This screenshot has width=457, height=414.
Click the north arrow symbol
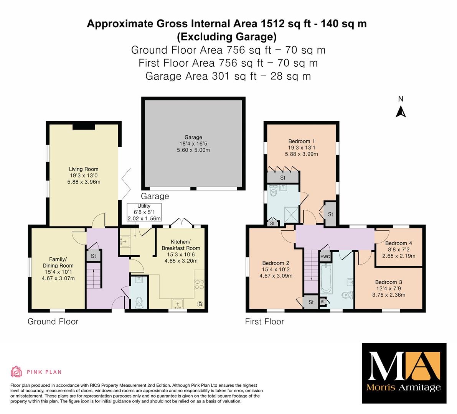point(401,112)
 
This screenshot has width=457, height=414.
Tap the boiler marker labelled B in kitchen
point(200,304)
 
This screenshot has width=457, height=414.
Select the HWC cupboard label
point(325,256)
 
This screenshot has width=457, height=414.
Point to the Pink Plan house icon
point(16,372)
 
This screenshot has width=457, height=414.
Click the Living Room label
point(84,169)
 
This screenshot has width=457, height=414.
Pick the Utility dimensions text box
point(144,212)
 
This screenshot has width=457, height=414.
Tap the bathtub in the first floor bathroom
point(326,279)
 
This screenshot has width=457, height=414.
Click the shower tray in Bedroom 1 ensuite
point(291,214)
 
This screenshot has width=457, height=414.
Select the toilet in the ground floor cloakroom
point(139,302)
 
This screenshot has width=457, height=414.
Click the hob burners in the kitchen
point(200,284)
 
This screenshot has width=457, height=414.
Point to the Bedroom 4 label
point(399,243)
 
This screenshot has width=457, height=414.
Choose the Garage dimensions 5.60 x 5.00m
point(193,150)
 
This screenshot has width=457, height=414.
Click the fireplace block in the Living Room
point(84,127)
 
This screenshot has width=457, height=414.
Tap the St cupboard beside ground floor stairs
point(93,256)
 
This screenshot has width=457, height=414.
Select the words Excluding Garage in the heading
point(227,37)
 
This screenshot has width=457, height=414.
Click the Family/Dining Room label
point(58,262)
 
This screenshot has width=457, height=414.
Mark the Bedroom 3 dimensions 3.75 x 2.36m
point(389,295)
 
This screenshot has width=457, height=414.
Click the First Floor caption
point(264,321)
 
